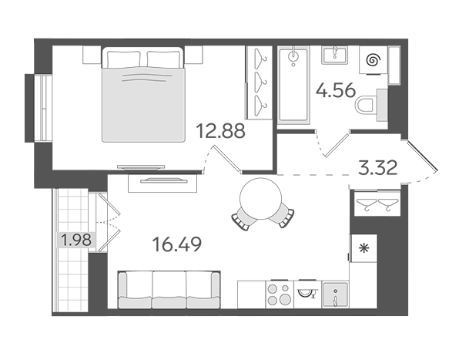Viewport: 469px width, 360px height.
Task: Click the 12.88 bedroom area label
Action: tap(221, 131)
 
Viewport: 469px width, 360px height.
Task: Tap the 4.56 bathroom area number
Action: tap(336, 90)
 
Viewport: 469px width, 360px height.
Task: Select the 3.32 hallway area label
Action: tap(378, 167)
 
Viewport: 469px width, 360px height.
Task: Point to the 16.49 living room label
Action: tap(177, 244)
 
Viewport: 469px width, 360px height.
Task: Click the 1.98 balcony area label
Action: tap(76, 240)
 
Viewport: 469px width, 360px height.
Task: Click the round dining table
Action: tap(261, 199)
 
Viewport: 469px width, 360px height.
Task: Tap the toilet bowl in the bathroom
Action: tap(366, 105)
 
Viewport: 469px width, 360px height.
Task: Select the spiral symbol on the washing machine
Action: tap(373, 60)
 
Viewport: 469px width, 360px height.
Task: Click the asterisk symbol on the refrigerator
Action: tap(364, 248)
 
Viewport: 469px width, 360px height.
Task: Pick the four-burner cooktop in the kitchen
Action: tap(280, 294)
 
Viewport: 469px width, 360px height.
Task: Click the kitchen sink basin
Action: tap(336, 294)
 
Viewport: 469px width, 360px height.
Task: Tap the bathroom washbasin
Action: tap(335, 55)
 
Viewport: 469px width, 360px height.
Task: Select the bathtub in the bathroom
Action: tap(293, 86)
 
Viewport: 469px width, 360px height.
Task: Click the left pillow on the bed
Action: tap(123, 59)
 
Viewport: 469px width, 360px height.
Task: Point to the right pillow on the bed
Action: tap(163, 59)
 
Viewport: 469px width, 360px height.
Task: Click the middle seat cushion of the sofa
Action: tap(169, 290)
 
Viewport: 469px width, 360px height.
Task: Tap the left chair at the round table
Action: tap(243, 217)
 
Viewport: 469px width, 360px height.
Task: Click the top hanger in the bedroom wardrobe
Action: tap(260, 58)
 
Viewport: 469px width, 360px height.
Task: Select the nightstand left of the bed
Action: tap(92, 55)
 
